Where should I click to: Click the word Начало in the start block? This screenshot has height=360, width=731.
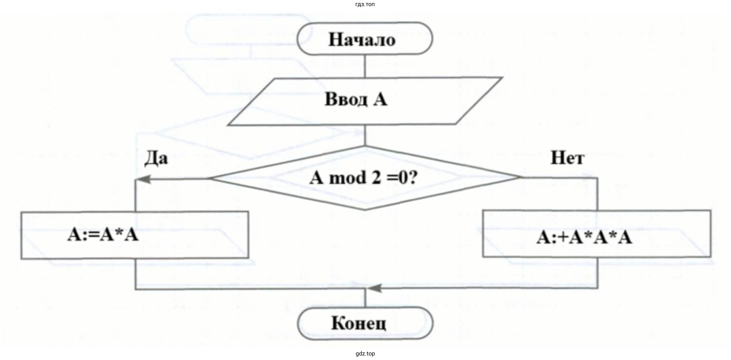(362, 40)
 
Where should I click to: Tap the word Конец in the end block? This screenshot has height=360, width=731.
(358, 323)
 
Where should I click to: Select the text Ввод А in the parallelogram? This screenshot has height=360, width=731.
(356, 99)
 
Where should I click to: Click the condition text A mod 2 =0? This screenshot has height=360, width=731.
(363, 178)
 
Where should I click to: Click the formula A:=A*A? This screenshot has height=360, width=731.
(103, 235)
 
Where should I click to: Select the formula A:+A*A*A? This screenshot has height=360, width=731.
(584, 238)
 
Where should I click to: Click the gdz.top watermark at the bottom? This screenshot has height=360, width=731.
(365, 354)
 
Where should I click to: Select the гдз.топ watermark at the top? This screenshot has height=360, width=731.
(365, 5)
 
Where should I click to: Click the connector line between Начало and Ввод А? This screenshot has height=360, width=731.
(365, 66)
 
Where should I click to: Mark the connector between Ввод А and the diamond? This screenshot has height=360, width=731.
(365, 135)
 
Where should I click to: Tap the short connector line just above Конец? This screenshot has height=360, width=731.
(365, 298)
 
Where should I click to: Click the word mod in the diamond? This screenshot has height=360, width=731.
(348, 178)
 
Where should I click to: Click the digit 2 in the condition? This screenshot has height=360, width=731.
(376, 178)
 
